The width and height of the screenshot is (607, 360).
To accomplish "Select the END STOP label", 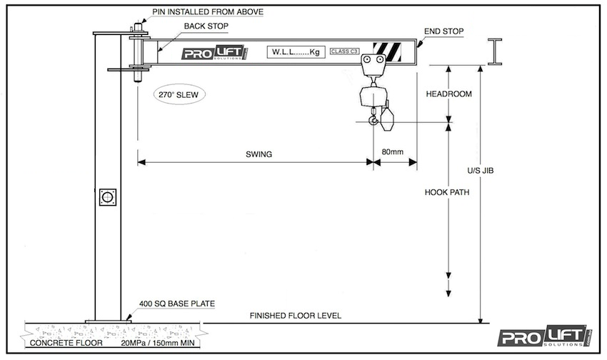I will pos(443,31).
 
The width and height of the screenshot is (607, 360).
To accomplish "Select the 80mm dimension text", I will pos(393,151).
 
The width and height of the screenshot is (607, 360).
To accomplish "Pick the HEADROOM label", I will pos(449,94).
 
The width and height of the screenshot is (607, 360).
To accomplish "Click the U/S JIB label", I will pos(481,171).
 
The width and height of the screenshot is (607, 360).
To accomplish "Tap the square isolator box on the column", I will pos(108,196).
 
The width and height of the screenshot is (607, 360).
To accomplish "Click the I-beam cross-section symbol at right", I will pos(494,52).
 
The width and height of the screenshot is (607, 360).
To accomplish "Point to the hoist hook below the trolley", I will pos(373,122).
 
